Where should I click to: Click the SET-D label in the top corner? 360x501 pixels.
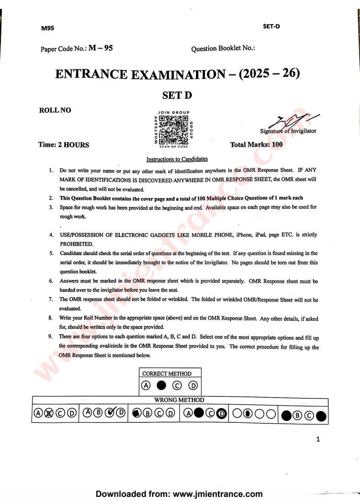click(x=271, y=26)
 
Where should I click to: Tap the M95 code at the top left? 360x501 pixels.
click(x=48, y=28)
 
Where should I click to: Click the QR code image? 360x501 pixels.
click(x=173, y=129)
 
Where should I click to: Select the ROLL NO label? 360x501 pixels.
click(x=55, y=110)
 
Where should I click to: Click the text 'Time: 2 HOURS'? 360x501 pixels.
click(x=64, y=145)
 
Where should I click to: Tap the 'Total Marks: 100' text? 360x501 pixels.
click(x=256, y=144)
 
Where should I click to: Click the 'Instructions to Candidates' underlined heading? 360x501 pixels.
click(x=177, y=159)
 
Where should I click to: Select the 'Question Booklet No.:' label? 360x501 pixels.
click(x=223, y=48)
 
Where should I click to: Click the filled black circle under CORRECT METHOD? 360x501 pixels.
click(x=161, y=385)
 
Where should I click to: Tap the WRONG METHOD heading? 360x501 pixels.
click(x=179, y=400)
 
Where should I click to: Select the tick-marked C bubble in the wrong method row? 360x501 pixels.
click(x=110, y=413)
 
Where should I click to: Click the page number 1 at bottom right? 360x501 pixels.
click(x=318, y=439)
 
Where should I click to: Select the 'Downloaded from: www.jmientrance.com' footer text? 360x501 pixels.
click(x=179, y=494)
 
